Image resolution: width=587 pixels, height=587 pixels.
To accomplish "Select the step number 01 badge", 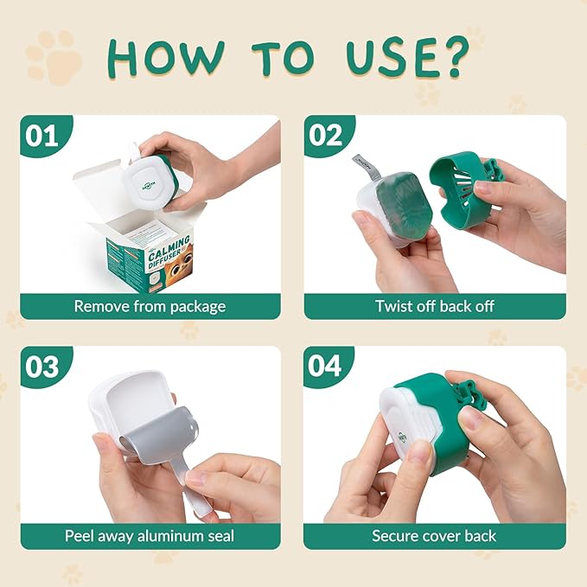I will point(41,136).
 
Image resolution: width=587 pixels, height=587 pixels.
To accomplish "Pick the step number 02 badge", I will point(324,136).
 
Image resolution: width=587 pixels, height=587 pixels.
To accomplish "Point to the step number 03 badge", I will point(41,367).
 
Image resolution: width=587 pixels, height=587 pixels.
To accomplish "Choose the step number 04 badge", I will point(324,367).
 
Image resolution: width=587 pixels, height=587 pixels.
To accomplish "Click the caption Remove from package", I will point(150,306).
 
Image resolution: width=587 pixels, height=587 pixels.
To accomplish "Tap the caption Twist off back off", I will point(434,306).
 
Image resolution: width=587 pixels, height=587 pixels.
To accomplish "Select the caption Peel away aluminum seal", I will point(150,536).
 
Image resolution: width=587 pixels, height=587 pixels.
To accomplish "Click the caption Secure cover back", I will point(434,536).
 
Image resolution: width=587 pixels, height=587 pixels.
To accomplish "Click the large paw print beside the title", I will point(54,57).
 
